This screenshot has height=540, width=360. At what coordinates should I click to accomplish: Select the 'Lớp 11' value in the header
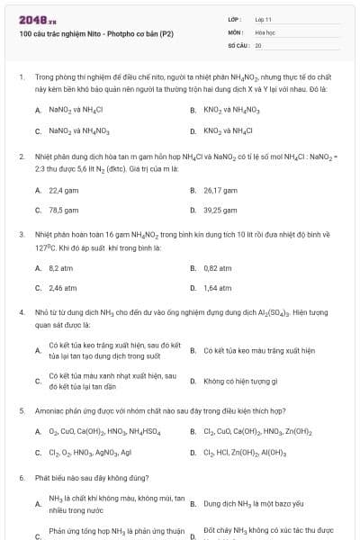[x=264, y=19]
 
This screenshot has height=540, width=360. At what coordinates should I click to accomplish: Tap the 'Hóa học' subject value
[x=265, y=31]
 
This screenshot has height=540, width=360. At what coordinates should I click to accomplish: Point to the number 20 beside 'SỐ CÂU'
[x=258, y=44]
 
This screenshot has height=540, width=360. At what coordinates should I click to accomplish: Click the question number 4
[x=21, y=312]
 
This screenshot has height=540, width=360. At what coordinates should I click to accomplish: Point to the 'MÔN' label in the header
[x=236, y=31]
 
